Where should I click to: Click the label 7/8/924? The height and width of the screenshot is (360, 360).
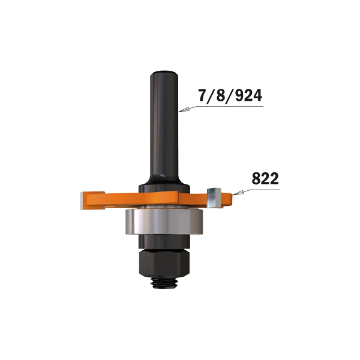[229, 95]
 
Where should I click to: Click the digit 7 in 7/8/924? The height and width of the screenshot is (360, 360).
[202, 95]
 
